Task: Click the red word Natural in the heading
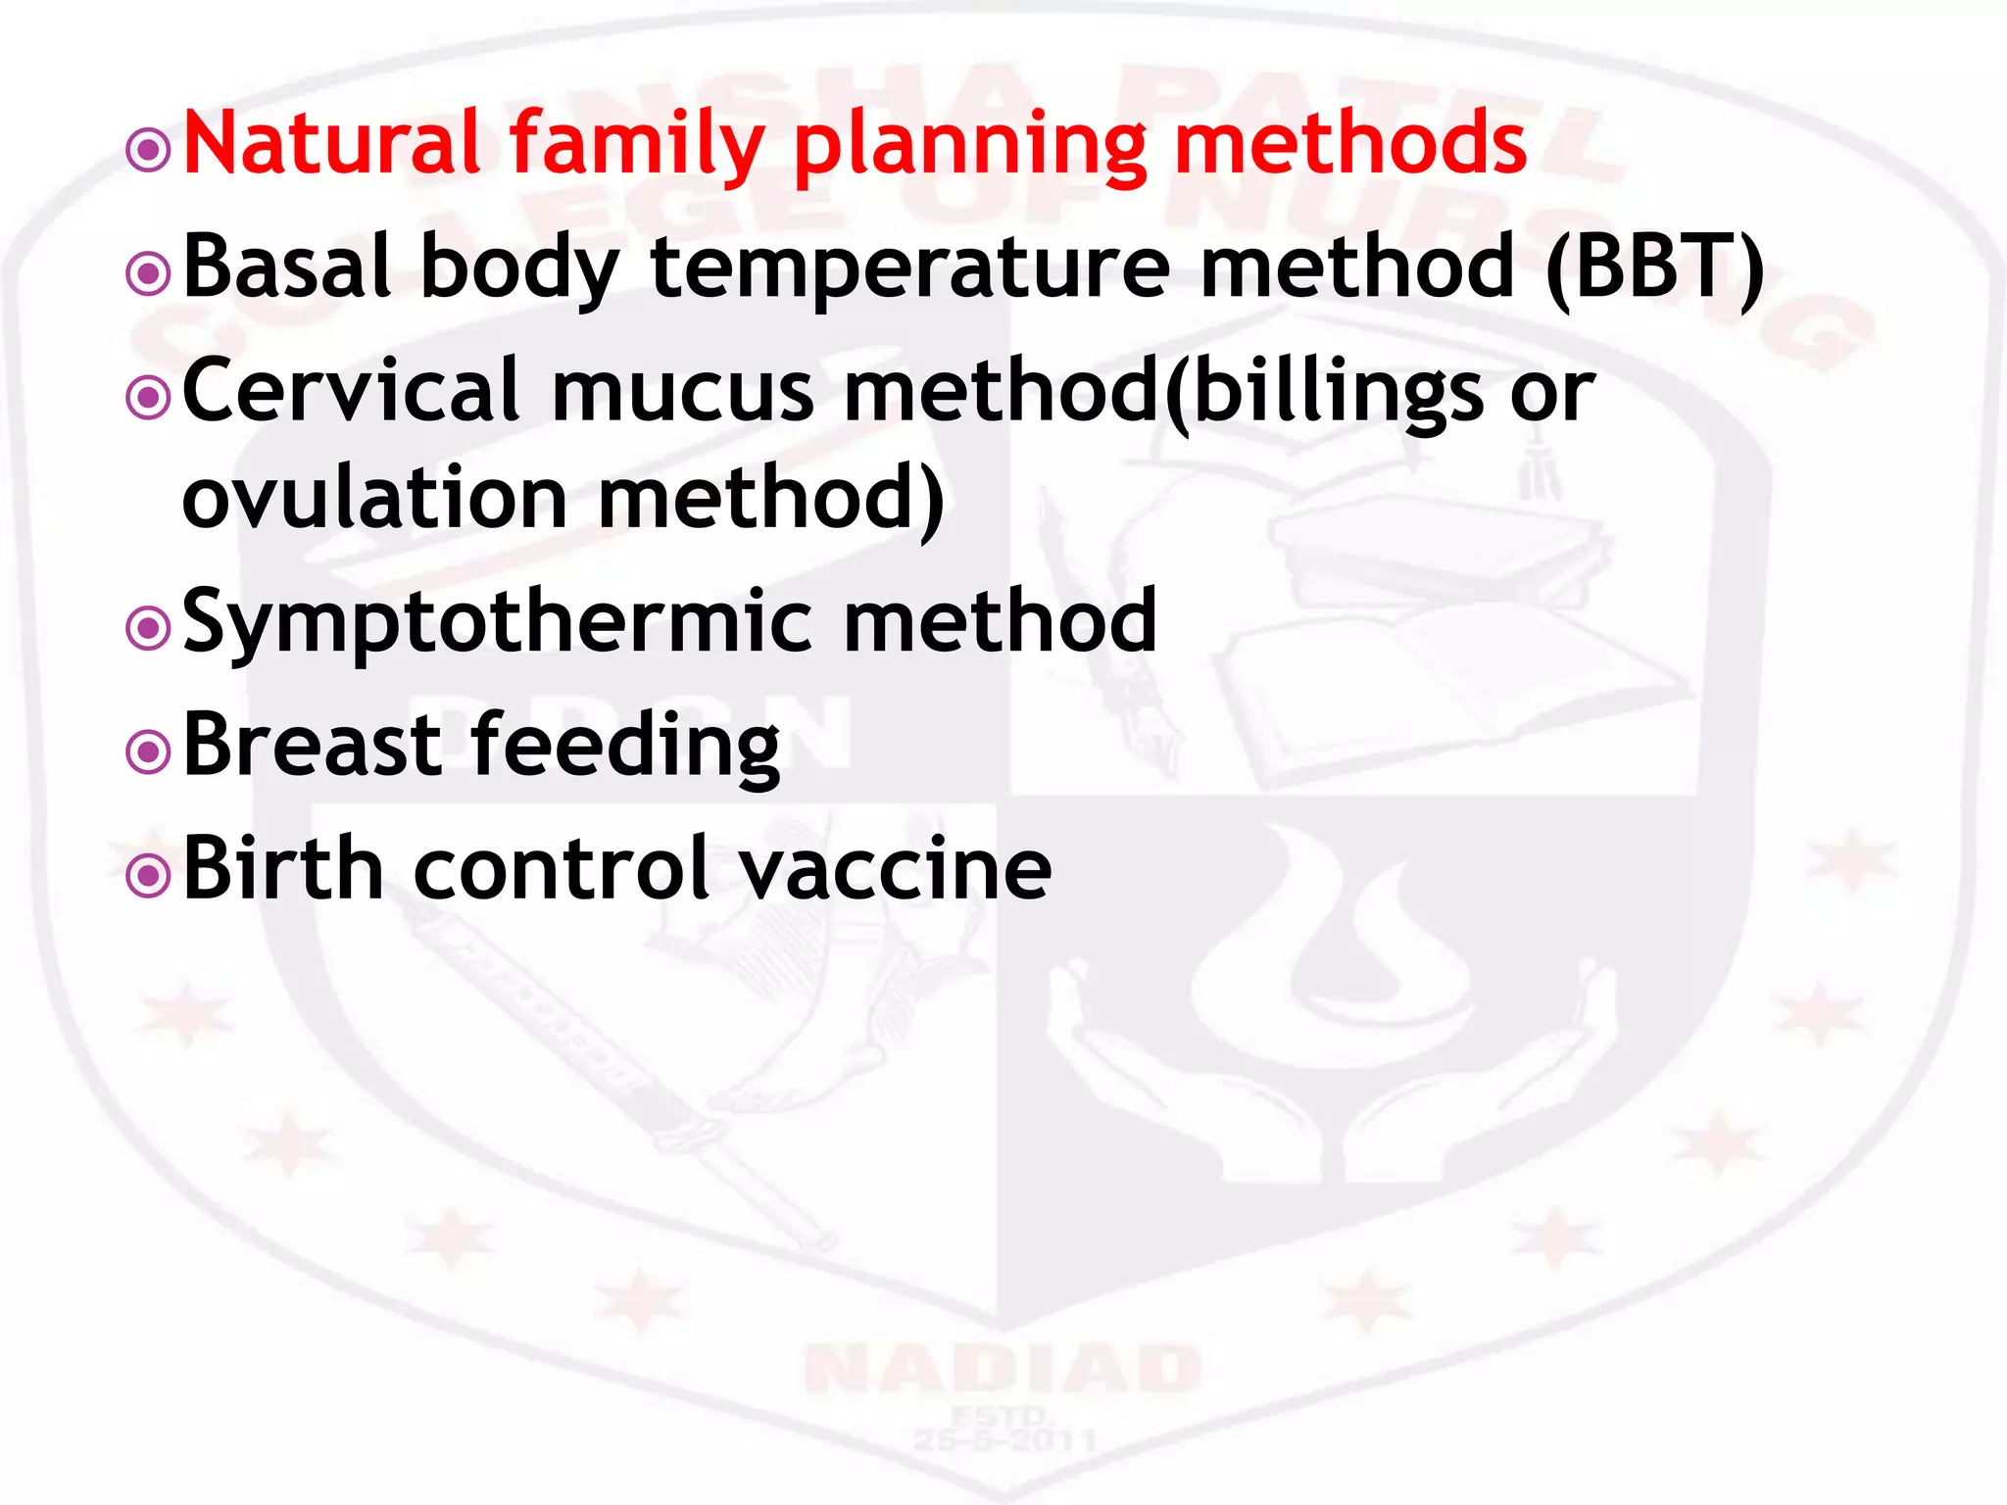[331, 143]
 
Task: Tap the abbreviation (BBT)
[1654, 268]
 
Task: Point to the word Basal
[287, 267]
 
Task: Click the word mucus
[682, 392]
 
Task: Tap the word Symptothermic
[498, 623]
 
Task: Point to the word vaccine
[894, 870]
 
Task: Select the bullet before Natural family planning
[149, 150]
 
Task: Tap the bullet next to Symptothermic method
[149, 628]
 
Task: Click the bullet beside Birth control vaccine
[149, 875]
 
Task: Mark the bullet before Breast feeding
[149, 752]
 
